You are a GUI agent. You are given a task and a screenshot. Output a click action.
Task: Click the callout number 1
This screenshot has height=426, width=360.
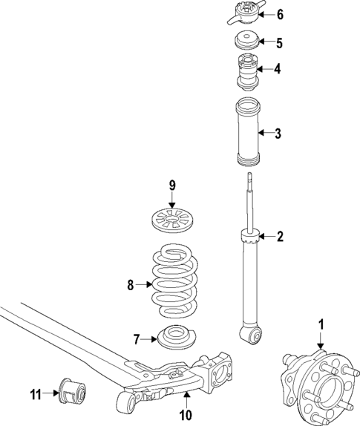[x=321, y=324]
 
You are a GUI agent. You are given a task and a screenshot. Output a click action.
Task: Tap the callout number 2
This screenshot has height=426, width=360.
[x=280, y=237]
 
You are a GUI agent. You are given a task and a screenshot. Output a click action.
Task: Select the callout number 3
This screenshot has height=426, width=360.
[x=278, y=134]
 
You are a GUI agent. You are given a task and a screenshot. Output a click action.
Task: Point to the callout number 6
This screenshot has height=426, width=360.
[x=279, y=14]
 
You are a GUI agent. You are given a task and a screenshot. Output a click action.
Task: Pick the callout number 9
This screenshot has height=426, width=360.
[x=171, y=185]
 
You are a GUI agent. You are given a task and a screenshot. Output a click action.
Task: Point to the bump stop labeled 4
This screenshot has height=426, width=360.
[x=246, y=69]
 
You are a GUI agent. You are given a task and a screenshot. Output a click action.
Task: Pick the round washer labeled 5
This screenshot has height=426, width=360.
[x=246, y=42]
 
